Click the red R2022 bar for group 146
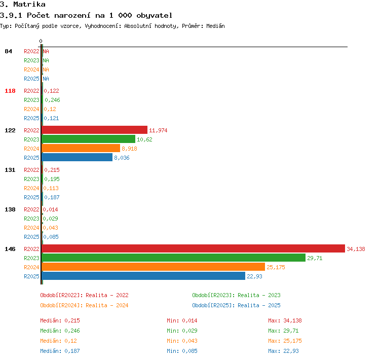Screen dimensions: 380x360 tap(194, 248)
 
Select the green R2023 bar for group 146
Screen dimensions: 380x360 tap(173, 258)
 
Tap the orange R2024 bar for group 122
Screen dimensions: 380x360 tap(81, 148)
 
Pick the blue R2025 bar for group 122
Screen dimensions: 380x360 tap(77, 157)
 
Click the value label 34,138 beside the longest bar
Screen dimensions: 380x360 tap(356, 249)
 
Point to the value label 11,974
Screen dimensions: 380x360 tap(158, 130)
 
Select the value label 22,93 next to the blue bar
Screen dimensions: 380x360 tap(254, 276)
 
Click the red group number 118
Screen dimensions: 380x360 tap(10, 91)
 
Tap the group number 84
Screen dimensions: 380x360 tap(9, 51)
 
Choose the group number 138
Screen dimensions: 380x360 tap(10, 209)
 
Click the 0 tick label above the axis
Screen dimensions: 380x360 tap(41, 41)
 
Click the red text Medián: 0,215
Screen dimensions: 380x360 tap(60, 320)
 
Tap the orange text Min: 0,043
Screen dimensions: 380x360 tap(182, 341)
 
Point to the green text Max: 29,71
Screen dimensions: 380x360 tap(283, 331)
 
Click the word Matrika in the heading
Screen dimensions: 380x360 tap(29, 4)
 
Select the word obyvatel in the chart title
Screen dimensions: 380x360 tap(155, 16)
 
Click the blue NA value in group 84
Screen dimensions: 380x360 tap(46, 79)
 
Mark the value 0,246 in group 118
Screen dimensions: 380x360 tap(52, 100)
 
